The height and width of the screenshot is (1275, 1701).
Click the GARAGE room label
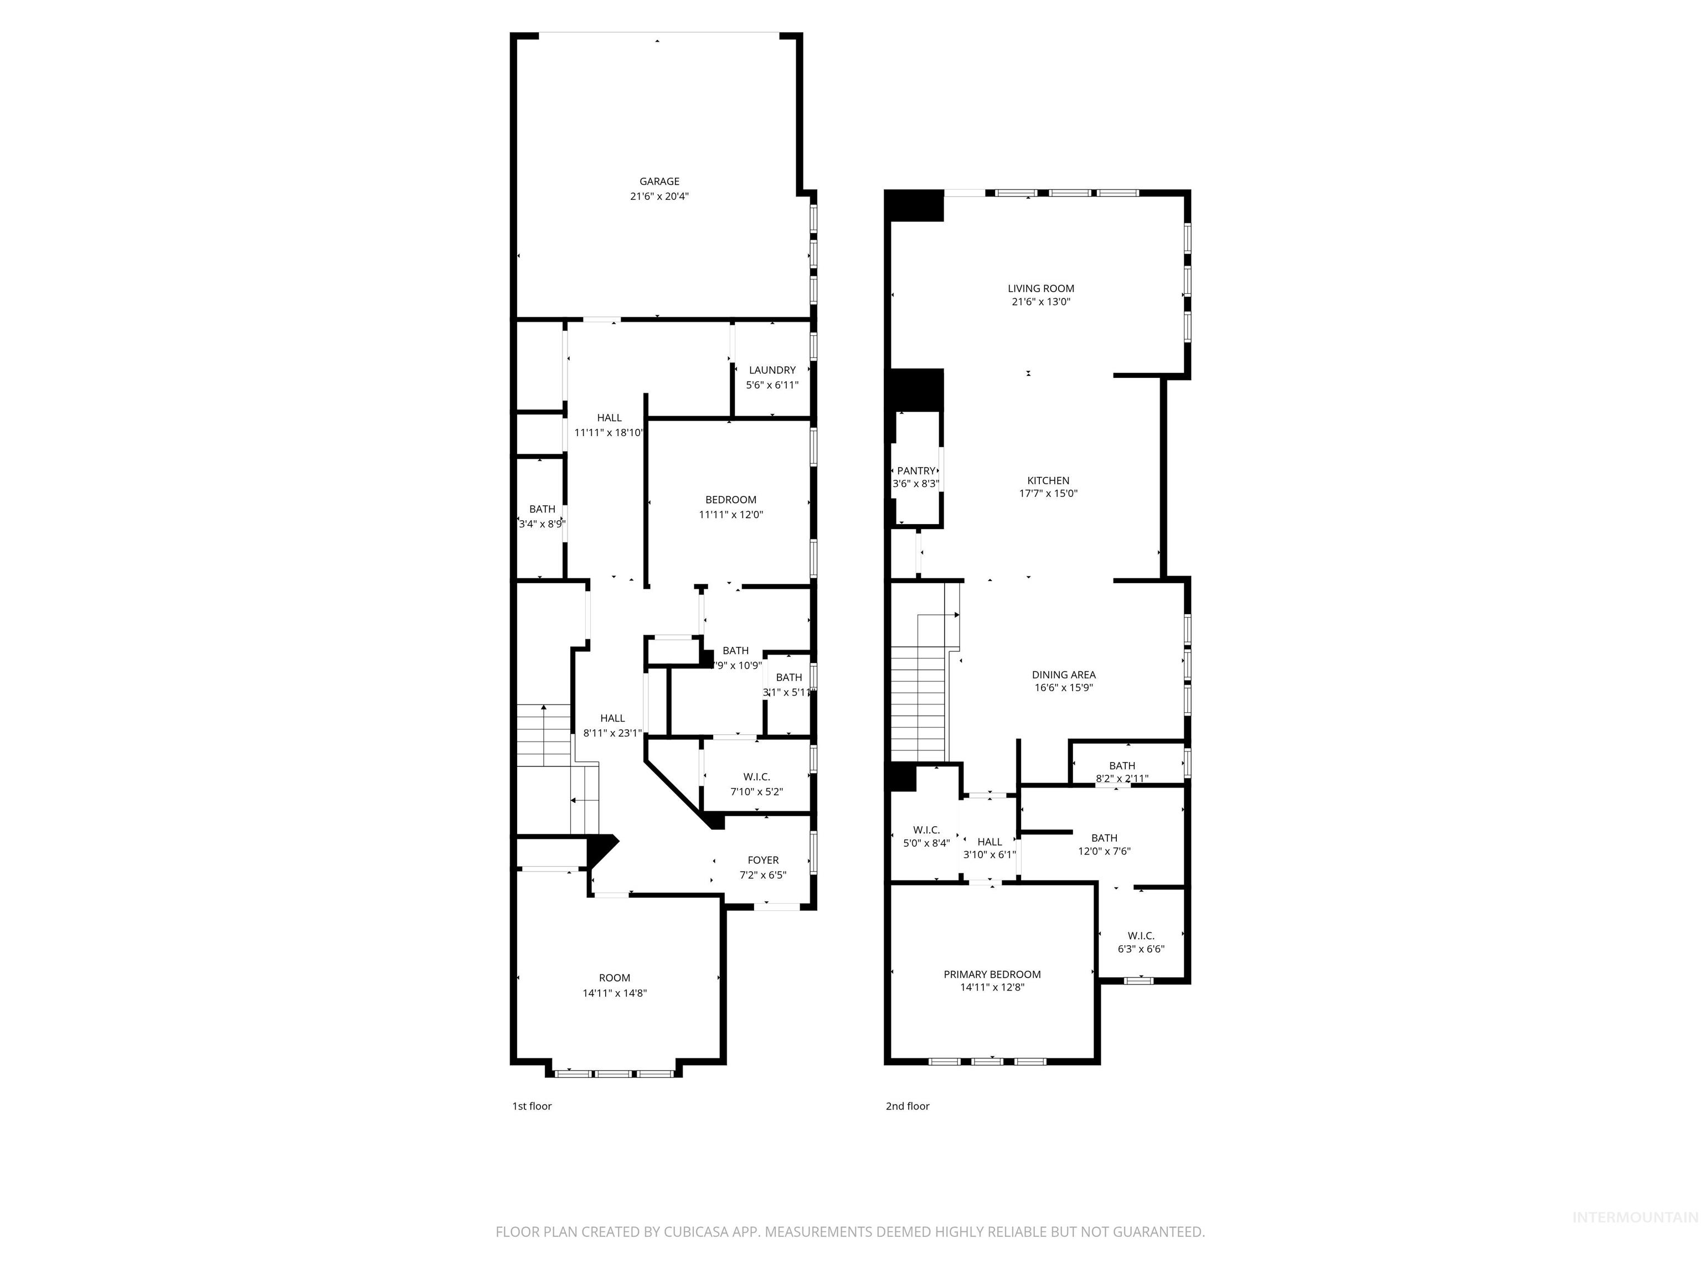659,182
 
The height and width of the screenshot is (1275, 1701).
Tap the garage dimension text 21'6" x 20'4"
659,196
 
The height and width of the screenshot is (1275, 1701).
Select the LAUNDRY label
772,370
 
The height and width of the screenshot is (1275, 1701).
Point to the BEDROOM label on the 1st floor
730,500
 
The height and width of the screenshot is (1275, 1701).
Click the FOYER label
763,860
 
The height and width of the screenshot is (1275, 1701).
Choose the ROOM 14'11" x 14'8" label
615,978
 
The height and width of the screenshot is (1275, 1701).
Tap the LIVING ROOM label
1040,288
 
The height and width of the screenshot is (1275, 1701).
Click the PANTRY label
916,470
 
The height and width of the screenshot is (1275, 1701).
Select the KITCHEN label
1048,480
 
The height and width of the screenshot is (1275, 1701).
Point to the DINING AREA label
1064,675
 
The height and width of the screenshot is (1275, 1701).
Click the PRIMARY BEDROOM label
992,974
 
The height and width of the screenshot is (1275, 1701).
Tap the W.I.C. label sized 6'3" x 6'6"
1141,935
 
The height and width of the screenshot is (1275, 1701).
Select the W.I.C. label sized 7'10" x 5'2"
756,777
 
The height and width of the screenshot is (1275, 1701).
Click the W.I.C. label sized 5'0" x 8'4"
926,830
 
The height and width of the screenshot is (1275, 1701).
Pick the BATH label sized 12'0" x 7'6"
1104,838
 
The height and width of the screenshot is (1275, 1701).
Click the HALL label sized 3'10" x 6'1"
989,842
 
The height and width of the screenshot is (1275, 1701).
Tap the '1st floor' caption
532,1106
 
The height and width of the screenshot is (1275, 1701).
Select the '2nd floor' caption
908,1106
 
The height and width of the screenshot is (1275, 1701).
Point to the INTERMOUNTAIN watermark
1634,1216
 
